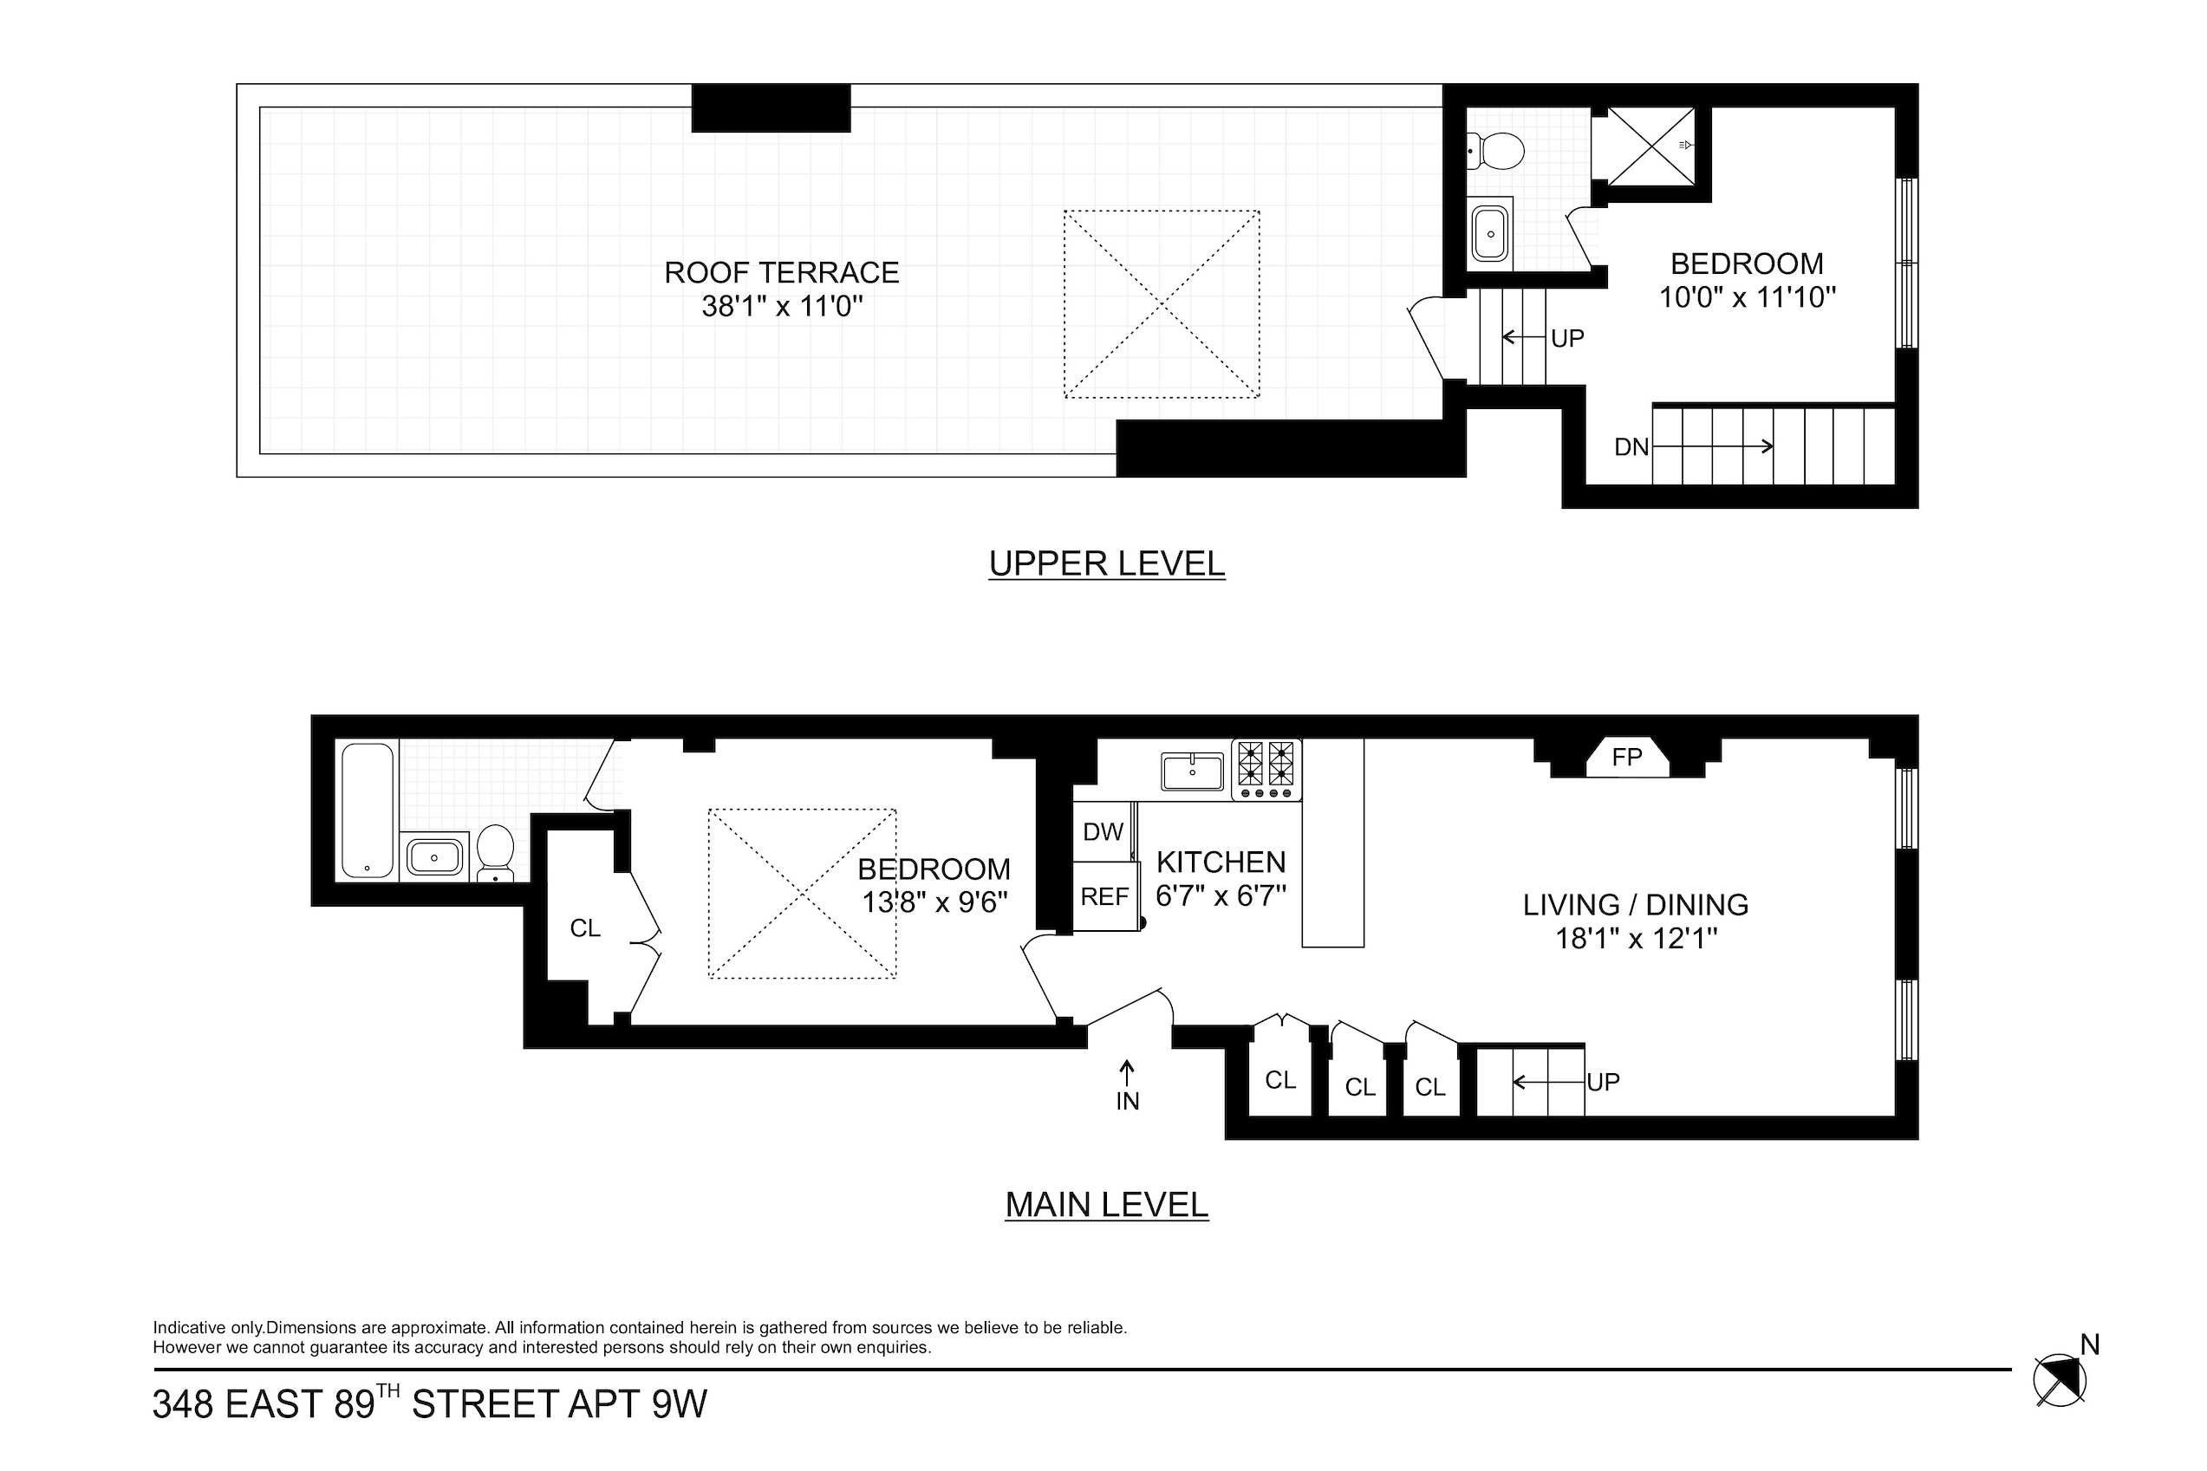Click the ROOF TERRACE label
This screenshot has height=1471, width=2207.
pos(781,272)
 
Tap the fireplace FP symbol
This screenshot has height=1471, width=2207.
pos(1626,757)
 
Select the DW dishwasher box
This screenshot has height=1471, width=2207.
pos(1103,831)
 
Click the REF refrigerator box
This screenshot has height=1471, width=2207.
pos(1105,897)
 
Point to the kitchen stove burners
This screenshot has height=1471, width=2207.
pos(1266,769)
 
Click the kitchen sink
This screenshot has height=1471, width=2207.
pos(1192,771)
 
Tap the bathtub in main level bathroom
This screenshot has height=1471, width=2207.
pos(368,810)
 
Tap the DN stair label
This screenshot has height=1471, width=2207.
pos(1631,446)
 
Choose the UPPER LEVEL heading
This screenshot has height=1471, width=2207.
pos(1107,563)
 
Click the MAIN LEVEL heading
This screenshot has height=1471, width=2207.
pos(1107,1205)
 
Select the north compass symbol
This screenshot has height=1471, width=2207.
pos(2060,1380)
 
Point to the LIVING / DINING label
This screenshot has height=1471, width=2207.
pos(1636,904)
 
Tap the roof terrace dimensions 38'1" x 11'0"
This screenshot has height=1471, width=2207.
pos(781,306)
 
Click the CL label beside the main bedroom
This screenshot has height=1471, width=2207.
pos(584,928)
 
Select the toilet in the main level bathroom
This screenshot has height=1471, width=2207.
pos(495,853)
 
